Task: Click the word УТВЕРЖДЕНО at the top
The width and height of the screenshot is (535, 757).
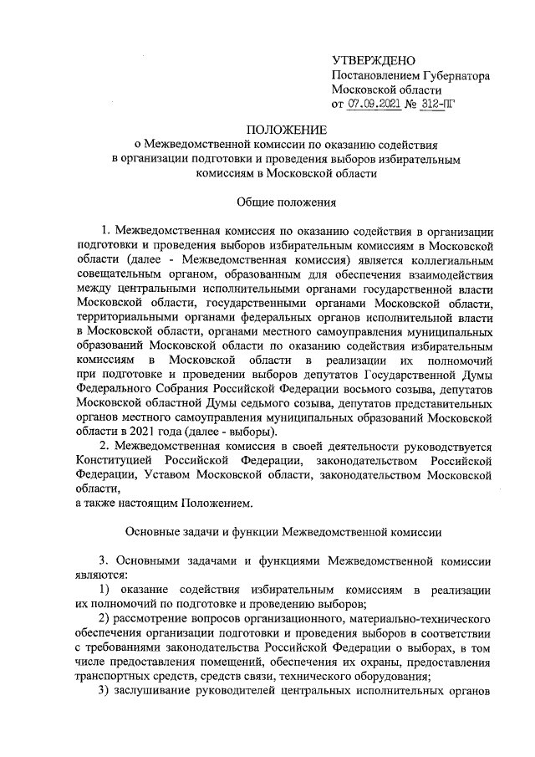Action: coord(374,61)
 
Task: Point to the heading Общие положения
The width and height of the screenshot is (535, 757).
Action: coord(286,202)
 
